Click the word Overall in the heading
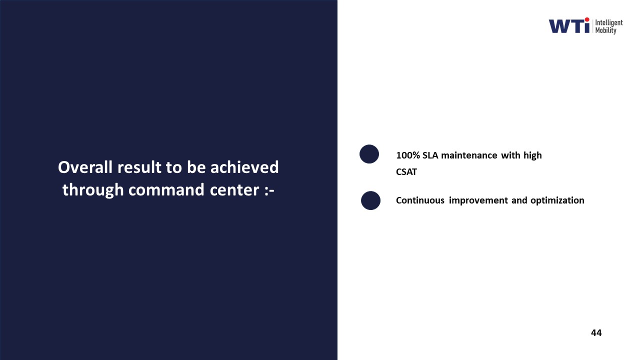click(85, 167)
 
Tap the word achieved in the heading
click(244, 167)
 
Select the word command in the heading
click(166, 189)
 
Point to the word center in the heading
click(234, 190)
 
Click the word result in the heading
click(139, 167)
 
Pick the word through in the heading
click(93, 190)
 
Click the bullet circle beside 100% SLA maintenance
click(369, 154)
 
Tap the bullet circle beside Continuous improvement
click(370, 200)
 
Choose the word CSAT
click(406, 172)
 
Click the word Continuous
click(420, 200)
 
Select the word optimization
click(557, 201)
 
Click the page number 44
click(596, 333)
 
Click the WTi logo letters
click(569, 25)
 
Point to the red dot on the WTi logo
click(587, 19)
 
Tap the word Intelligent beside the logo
click(609, 23)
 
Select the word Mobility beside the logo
click(605, 30)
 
